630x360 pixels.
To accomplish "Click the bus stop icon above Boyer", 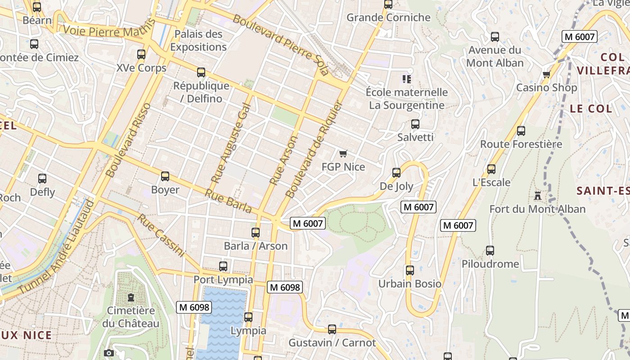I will (x=165, y=176).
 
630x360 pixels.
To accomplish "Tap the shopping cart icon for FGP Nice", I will (x=343, y=154).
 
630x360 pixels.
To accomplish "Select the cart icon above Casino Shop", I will (x=546, y=75).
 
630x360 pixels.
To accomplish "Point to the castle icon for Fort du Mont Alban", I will (x=537, y=196).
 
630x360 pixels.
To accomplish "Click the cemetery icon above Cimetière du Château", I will (x=130, y=297).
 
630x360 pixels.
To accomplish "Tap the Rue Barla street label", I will (x=229, y=201).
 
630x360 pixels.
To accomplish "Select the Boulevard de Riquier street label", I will (x=314, y=149).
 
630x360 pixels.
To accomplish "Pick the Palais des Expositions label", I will (x=198, y=40).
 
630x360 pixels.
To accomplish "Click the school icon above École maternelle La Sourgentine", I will (x=407, y=80).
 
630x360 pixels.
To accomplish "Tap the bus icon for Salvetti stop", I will (x=415, y=124).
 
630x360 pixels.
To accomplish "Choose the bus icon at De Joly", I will (x=396, y=173).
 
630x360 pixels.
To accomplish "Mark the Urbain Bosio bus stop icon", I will (x=410, y=270).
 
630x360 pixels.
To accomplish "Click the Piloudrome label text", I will (x=490, y=264).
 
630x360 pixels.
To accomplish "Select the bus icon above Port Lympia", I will (x=223, y=266).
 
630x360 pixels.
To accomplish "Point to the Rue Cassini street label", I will (x=161, y=235).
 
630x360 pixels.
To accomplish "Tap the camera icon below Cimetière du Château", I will (x=108, y=353).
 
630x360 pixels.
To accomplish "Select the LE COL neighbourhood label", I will (x=591, y=108).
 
